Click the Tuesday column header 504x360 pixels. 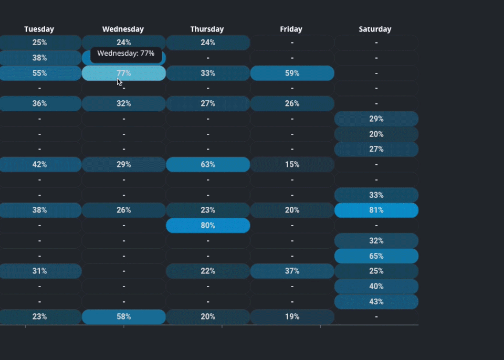pos(39,29)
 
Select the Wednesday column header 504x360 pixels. pos(123,29)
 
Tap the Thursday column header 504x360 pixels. pos(207,29)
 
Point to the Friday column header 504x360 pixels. pos(291,29)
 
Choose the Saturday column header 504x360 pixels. pos(375,29)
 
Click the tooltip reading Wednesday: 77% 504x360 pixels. pos(126,54)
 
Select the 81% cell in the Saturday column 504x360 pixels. pos(376,210)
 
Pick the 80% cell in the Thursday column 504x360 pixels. pos(208,226)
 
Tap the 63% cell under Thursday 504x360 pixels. pos(208,165)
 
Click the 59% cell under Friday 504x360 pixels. pos(292,73)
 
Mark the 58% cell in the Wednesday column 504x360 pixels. pos(124,317)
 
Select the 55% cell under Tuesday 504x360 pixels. pos(40,73)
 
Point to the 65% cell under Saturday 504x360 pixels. pos(376,256)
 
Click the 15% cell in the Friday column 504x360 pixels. pos(292,165)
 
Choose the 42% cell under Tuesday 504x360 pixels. pos(40,165)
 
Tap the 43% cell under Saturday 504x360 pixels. pos(376,302)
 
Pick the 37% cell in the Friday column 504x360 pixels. pos(292,271)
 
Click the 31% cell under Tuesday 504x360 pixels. pos(40,271)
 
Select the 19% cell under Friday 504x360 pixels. pos(292,317)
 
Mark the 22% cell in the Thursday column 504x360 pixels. pos(208,271)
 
